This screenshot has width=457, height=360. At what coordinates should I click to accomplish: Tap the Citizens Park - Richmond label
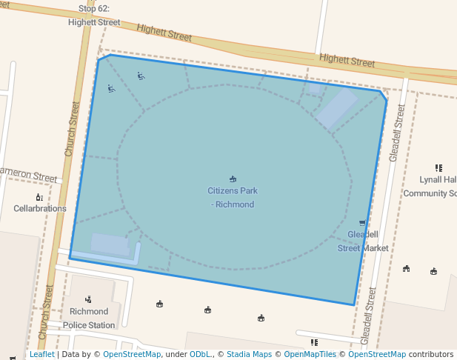pos(233,197)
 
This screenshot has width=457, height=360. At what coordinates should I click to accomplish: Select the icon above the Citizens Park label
pos(233,179)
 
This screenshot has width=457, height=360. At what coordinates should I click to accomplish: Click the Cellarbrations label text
pos(40,208)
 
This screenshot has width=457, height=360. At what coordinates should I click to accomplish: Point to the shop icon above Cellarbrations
pos(39,197)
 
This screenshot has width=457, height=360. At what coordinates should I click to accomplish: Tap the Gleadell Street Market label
pos(363,241)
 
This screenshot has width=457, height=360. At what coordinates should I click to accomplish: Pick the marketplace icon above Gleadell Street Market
pos(363,223)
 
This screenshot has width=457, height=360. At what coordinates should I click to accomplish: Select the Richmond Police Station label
pos(89,318)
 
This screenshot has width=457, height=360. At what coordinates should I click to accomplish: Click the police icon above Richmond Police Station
pos(89,299)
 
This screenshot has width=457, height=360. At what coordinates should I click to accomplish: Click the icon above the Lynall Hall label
pos(438,168)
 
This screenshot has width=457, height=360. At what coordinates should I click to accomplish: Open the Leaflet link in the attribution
pos(42,354)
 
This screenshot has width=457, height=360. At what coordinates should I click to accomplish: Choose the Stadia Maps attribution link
pos(249,354)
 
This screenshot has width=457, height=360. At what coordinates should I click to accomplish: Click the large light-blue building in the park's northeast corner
pos(337,110)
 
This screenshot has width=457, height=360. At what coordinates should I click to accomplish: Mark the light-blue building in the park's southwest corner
pos(110,244)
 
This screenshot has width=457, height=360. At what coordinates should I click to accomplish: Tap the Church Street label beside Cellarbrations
pos(71,128)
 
